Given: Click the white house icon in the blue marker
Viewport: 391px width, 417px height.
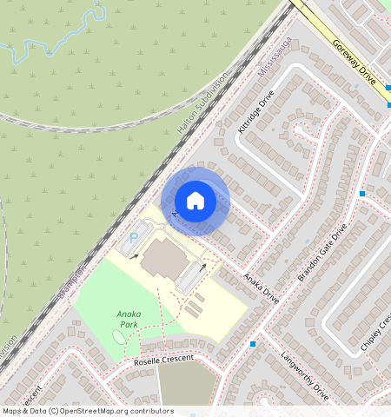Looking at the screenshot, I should tap(195, 201).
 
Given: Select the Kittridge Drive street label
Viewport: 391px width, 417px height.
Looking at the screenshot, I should tap(255, 111).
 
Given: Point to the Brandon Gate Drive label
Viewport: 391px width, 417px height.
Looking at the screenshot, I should tap(321, 253).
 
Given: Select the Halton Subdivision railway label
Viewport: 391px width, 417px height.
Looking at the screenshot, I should tap(202, 103).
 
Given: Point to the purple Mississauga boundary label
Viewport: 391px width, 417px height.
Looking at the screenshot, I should tap(276, 56).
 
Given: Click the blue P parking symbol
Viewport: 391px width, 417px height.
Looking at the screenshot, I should tap(133, 236).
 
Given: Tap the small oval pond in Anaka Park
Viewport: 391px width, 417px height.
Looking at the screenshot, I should tap(118, 336).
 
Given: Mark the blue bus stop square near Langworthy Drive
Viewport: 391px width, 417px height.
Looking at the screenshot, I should tap(253, 344).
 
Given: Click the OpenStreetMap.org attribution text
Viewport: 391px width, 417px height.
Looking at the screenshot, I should tap(117, 411).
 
